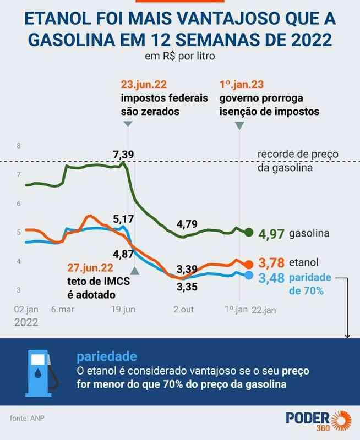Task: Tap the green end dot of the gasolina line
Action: coord(248,233)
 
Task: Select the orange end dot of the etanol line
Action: coord(248,264)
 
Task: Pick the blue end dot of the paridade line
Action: coord(248,275)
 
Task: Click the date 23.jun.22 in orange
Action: coord(144,86)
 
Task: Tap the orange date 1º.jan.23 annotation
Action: coord(241,86)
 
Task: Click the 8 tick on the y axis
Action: coord(19,146)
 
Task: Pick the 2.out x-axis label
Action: coord(183,310)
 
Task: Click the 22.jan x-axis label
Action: coord(264,310)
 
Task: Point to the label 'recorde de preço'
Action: coord(298,155)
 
